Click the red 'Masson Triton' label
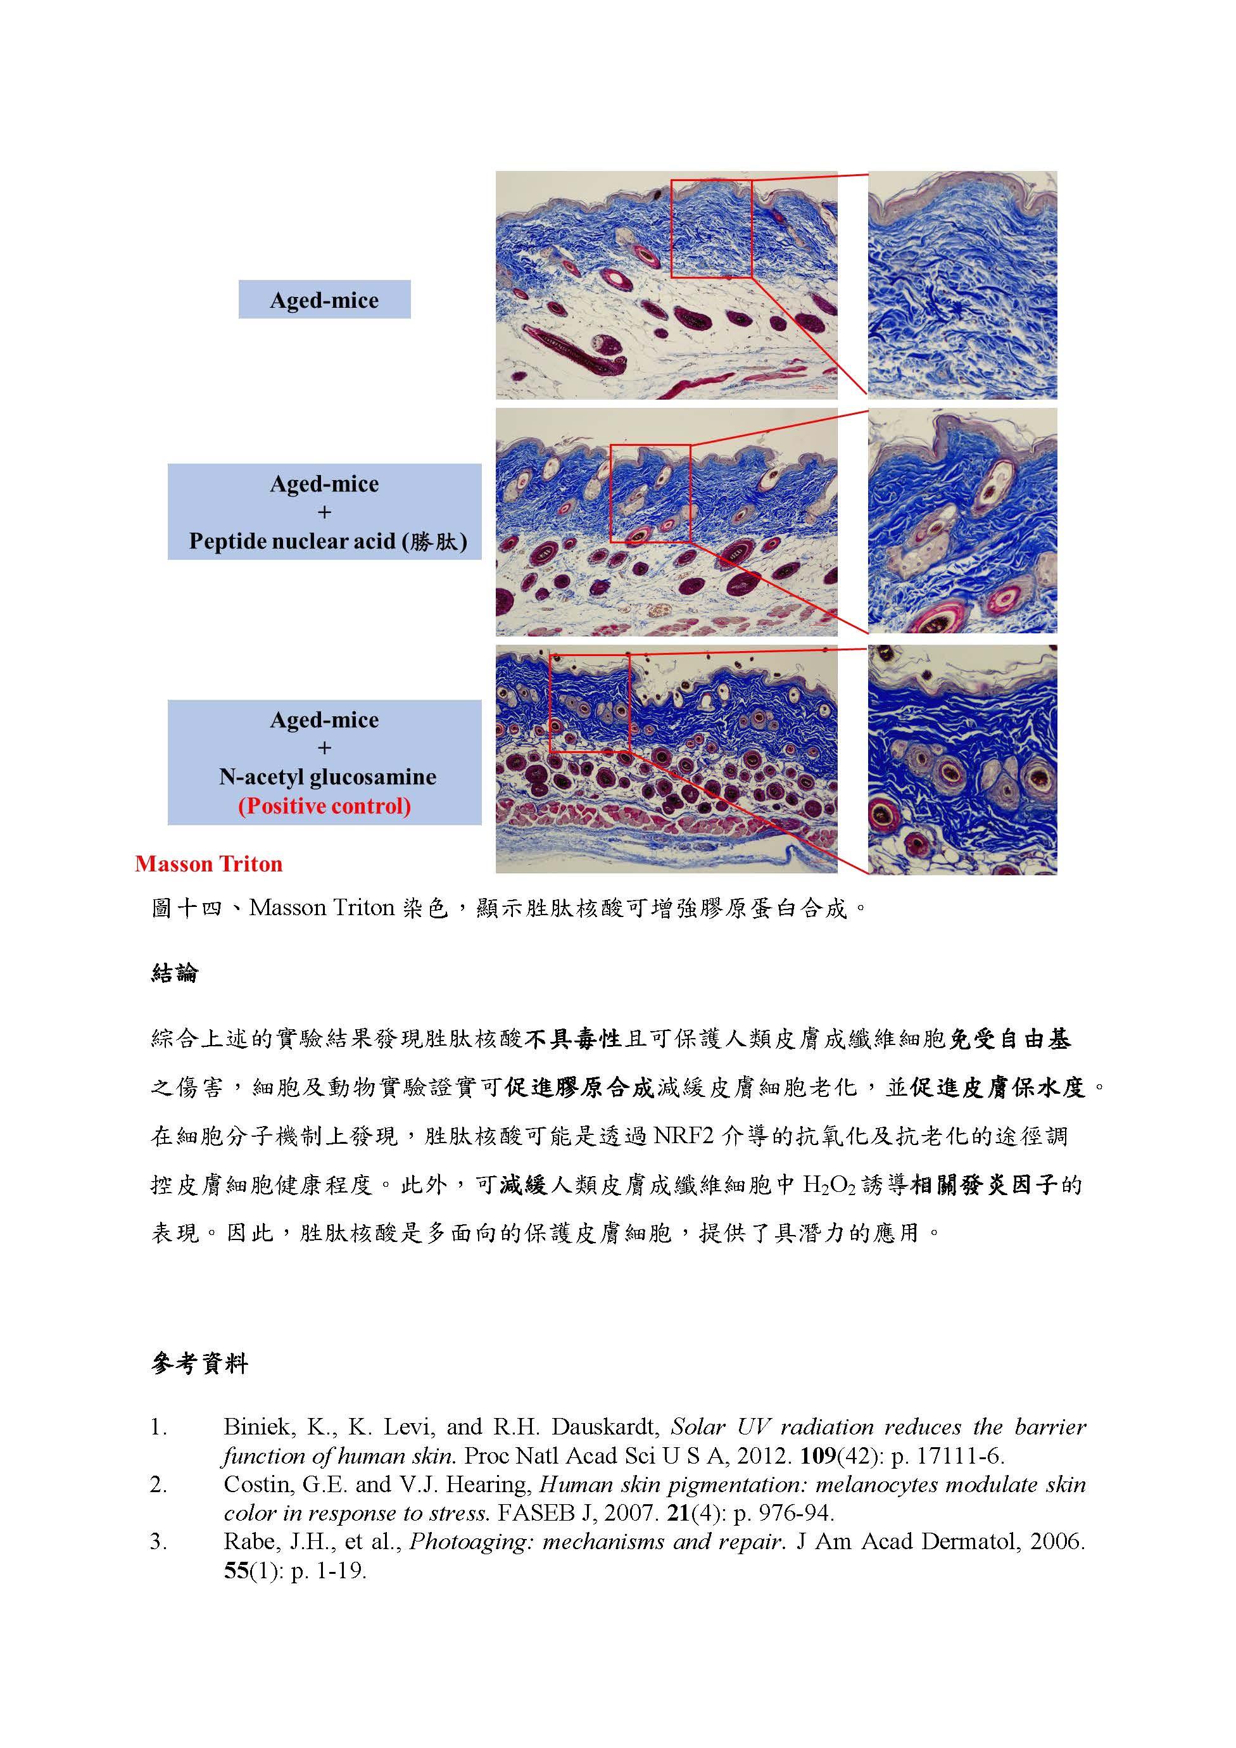[208, 863]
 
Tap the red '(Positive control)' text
[324, 806]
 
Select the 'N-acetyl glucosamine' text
[327, 776]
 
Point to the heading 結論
[175, 973]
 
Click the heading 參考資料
[199, 1364]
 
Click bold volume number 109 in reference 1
[816, 1455]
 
